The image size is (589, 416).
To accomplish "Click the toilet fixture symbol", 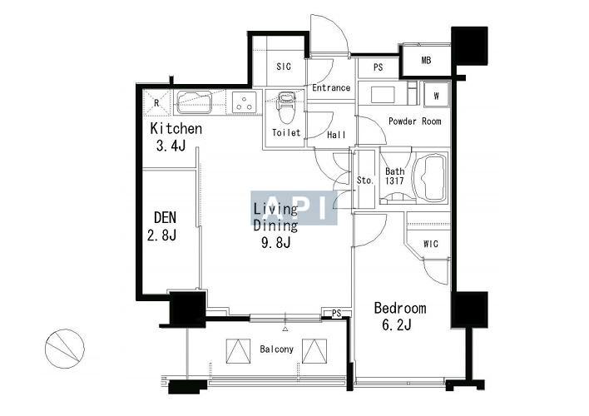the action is (x=286, y=107).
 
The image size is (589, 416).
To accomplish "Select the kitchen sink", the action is (x=194, y=102).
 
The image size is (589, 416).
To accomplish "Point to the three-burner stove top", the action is (x=244, y=102).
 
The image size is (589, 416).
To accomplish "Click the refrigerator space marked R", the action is (x=156, y=102).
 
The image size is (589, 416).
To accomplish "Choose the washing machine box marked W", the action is (x=436, y=96).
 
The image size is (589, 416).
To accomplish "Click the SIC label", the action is (x=284, y=67).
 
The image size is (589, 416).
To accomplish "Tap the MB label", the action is (x=426, y=60).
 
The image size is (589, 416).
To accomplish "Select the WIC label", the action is (x=430, y=244).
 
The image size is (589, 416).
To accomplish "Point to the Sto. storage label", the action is (x=365, y=181).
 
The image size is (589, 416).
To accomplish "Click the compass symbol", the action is (x=65, y=349).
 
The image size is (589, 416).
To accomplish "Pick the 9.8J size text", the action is (x=276, y=242).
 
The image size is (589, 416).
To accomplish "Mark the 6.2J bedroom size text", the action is (x=397, y=324).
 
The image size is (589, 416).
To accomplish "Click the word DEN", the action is (x=165, y=217).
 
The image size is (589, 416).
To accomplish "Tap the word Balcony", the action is (x=276, y=349).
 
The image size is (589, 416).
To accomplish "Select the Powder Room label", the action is (x=414, y=121).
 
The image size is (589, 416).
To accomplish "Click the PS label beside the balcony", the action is (x=337, y=313).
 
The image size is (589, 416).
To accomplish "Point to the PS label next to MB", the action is (x=378, y=67).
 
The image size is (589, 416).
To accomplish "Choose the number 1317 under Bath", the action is (x=395, y=181).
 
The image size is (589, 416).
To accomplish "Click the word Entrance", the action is (x=331, y=87).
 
